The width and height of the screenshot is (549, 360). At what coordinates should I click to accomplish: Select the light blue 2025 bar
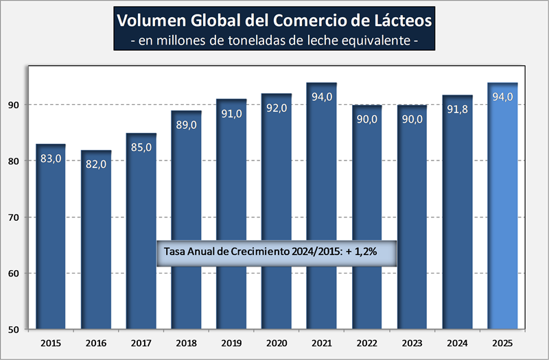[x=502, y=213]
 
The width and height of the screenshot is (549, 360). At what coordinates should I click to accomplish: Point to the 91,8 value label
[x=457, y=109]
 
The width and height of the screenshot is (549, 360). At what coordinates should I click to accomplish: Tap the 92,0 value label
[x=277, y=108]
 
